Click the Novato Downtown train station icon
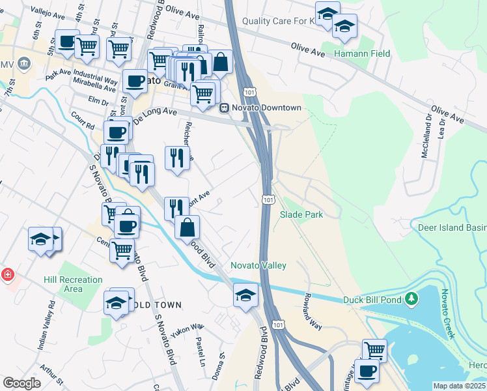tap(224, 108)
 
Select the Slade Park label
tap(301, 214)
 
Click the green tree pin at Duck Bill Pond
tap(411, 299)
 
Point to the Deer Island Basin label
tap(452, 227)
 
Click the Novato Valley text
tap(258, 265)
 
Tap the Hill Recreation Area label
tap(73, 284)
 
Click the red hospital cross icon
tap(7, 274)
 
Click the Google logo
tap(22, 383)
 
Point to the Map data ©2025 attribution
tap(459, 386)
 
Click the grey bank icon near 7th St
tap(24, 63)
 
